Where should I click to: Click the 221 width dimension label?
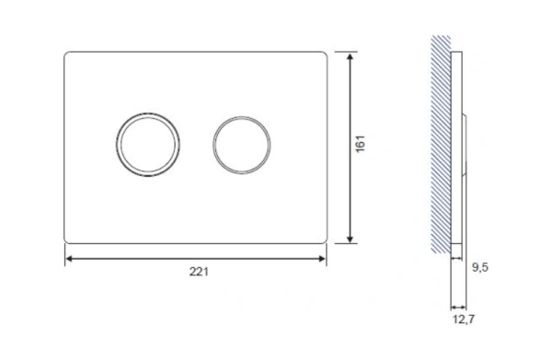[x=199, y=272]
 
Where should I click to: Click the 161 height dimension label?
[x=361, y=144]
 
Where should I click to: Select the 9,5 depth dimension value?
[x=480, y=268]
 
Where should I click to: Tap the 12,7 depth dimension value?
[x=464, y=319]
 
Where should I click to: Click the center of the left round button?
[x=147, y=145]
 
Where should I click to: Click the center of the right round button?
[x=241, y=145]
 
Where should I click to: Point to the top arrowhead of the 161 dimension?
[x=350, y=57]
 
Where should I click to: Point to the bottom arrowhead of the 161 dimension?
[x=350, y=238]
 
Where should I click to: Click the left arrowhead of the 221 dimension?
[x=70, y=259]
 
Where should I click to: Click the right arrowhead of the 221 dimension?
[x=321, y=259]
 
